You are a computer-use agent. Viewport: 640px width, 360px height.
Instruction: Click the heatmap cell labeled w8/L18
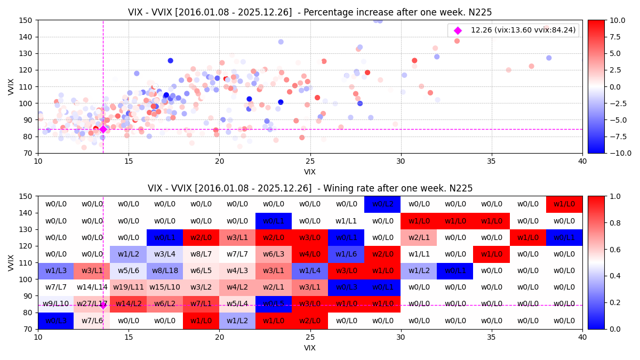click(x=165, y=271)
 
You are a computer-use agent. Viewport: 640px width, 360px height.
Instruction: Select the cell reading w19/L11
click(x=129, y=287)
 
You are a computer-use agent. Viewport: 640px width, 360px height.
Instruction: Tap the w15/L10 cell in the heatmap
click(x=165, y=287)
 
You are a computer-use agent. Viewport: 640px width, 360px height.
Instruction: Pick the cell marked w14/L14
click(x=92, y=287)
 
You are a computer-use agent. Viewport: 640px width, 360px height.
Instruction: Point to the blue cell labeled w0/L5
click(x=274, y=304)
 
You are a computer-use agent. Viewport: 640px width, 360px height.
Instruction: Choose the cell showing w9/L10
click(x=56, y=304)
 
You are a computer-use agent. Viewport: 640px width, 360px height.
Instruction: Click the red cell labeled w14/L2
click(x=129, y=304)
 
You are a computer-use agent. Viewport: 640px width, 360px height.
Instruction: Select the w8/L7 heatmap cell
click(x=201, y=254)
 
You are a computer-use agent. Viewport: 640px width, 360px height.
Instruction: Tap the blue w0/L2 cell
click(x=382, y=204)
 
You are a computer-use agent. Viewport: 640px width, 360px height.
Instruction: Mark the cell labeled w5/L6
click(x=129, y=271)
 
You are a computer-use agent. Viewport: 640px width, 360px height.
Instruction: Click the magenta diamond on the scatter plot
click(x=103, y=129)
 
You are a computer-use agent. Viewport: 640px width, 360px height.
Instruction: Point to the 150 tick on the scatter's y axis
click(x=28, y=20)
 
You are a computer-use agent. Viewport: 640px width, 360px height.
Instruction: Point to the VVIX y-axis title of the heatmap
click(x=11, y=262)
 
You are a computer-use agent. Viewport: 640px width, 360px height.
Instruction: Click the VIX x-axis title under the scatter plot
click(x=310, y=172)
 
